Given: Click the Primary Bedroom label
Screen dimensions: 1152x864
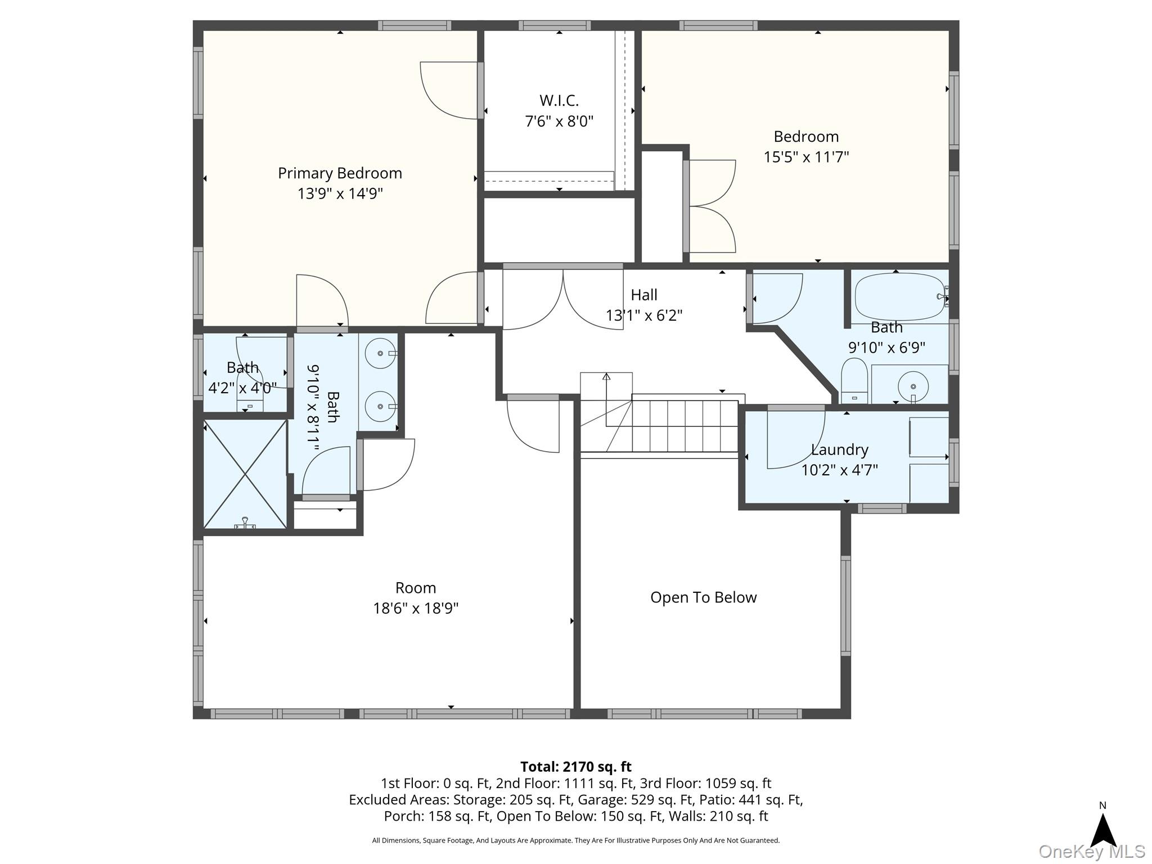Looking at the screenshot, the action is [340, 173].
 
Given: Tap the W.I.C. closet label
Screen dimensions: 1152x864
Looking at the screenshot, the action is [559, 101].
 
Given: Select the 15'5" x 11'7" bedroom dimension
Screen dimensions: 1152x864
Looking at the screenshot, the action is [806, 157].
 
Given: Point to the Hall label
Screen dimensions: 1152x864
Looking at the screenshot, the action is [644, 295].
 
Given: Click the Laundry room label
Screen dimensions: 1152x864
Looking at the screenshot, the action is [840, 450].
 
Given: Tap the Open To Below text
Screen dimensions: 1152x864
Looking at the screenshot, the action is [704, 597].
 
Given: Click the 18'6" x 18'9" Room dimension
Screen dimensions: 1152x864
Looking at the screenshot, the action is [416, 609].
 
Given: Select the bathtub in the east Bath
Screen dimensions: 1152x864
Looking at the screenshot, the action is [900, 298].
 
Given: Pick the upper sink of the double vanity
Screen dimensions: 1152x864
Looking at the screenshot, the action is [380, 353].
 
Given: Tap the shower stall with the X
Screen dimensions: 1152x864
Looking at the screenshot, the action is [245, 474].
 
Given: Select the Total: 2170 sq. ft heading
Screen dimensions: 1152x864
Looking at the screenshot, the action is [575, 767].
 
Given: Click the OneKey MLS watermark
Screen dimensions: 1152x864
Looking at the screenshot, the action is [1092, 852].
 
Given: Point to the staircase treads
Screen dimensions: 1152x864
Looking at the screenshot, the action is [685, 426].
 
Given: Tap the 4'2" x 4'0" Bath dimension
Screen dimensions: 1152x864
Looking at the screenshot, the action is [242, 388].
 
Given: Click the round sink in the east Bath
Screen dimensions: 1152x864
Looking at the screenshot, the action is [912, 386].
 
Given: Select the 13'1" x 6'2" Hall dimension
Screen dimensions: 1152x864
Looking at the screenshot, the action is [644, 316].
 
